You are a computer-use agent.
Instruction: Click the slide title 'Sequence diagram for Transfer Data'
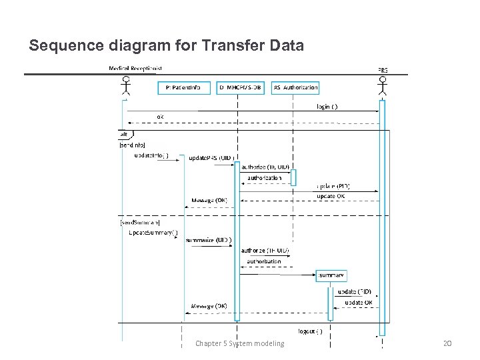pyautogui.click(x=166, y=46)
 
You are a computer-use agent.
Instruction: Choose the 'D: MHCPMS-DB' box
pyautogui.click(x=241, y=87)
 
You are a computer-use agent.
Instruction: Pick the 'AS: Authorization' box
pyautogui.click(x=295, y=87)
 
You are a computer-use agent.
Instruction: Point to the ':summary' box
pyautogui.click(x=331, y=275)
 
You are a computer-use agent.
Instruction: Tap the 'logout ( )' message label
pyautogui.click(x=310, y=331)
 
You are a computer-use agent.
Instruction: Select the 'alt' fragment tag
pyautogui.click(x=124, y=134)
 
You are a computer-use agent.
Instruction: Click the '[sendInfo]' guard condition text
pyautogui.click(x=132, y=145)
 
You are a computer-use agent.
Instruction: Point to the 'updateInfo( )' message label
pyautogui.click(x=151, y=155)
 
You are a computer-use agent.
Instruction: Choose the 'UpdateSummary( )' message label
pyautogui.click(x=153, y=232)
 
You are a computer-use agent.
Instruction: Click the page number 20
pyautogui.click(x=447, y=343)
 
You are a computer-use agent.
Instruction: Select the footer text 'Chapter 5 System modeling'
pyautogui.click(x=239, y=343)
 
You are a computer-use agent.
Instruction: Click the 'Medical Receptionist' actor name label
pyautogui.click(x=135, y=68)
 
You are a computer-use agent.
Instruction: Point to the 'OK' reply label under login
pyautogui.click(x=160, y=116)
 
